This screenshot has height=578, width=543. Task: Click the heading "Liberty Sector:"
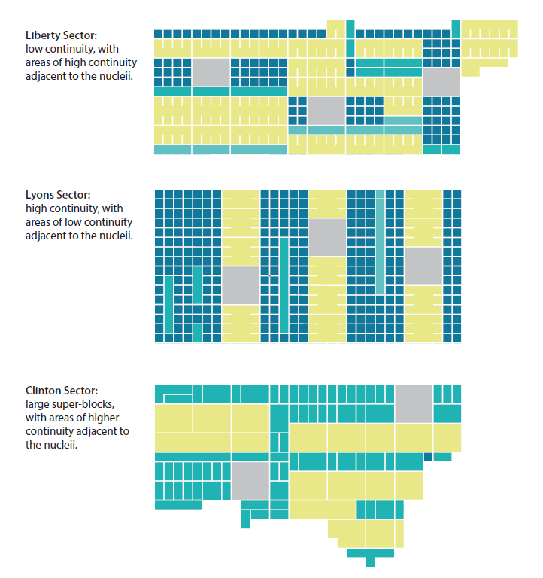point(61,35)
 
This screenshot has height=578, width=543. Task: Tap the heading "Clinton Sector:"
point(61,391)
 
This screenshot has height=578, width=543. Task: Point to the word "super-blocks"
point(84,404)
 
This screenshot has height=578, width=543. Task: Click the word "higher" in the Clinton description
point(103,418)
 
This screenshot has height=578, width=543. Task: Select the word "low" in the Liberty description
point(34,49)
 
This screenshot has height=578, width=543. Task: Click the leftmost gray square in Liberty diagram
point(211,72)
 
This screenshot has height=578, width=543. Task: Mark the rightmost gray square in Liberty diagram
point(441,82)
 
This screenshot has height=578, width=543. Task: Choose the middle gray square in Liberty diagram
point(326,111)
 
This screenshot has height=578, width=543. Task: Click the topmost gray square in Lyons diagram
point(326,237)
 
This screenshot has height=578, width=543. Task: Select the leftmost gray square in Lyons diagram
point(240,285)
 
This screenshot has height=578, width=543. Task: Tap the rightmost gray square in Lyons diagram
point(423,266)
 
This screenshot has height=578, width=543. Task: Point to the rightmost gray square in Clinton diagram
point(414,403)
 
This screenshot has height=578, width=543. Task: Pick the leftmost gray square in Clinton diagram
point(250,481)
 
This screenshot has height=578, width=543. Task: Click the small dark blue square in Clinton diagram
point(429,457)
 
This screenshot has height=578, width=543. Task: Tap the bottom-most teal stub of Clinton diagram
point(370,561)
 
